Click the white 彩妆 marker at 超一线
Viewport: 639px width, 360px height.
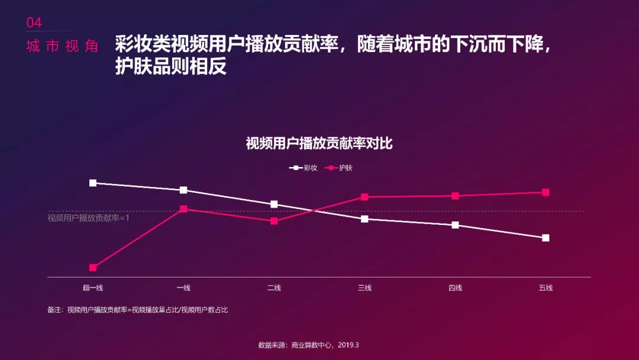(93, 183)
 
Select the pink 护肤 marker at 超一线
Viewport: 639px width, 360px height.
(93, 268)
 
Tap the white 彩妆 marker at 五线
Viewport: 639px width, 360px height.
(546, 238)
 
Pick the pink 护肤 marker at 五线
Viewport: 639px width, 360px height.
(546, 192)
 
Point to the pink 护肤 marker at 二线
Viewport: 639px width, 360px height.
(274, 221)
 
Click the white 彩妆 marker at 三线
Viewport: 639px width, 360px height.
(364, 219)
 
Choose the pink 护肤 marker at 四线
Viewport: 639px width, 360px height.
(455, 196)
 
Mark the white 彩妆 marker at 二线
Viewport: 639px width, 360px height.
(274, 204)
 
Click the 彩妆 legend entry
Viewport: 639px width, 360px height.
(304, 168)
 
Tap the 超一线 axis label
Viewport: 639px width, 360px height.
(93, 288)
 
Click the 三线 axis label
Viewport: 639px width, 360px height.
(364, 288)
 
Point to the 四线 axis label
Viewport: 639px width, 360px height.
(455, 288)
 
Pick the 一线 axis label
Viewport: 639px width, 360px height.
(183, 288)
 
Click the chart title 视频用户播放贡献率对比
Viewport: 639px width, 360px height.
(319, 144)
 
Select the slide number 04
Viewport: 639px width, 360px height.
(34, 23)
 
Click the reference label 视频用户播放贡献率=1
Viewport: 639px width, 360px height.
(88, 218)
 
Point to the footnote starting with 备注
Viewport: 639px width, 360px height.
(138, 310)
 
